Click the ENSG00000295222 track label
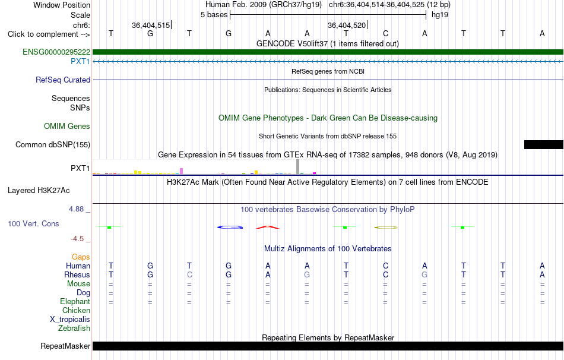click(56, 52)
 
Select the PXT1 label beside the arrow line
click(80, 61)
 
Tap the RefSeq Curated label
click(63, 80)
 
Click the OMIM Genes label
click(67, 126)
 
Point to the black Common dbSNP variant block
click(543, 144)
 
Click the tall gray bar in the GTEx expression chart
click(297, 167)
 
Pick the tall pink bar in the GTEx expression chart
click(181, 171)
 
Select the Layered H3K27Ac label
click(39, 190)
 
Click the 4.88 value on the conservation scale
click(76, 209)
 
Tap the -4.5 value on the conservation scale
click(77, 239)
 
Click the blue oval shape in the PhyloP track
click(230, 227)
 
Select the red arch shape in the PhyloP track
click(268, 227)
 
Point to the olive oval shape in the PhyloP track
click(386, 228)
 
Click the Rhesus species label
click(77, 274)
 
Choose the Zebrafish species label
click(74, 328)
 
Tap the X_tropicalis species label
click(70, 320)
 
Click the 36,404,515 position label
click(151, 25)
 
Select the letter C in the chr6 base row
click(385, 33)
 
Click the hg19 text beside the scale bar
click(440, 15)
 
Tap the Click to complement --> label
click(49, 34)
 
